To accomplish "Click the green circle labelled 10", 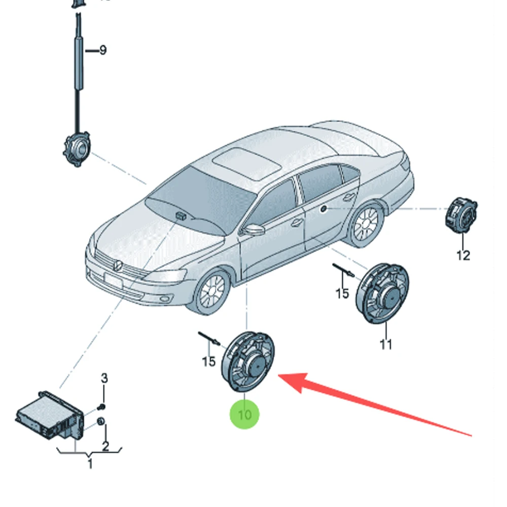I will tap(244, 414).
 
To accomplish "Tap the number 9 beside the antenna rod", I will tap(103, 50).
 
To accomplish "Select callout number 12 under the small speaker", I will tap(463, 255).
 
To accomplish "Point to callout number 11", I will tap(386, 344).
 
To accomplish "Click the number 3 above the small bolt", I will tap(104, 378).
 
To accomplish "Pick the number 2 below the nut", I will tap(105, 446).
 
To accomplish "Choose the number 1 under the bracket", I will tap(90, 463).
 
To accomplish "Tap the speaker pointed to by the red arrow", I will tap(248, 361).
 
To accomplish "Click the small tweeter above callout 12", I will tap(461, 215).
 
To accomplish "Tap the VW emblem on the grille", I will tap(116, 265).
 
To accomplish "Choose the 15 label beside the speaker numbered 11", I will tap(343, 293).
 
